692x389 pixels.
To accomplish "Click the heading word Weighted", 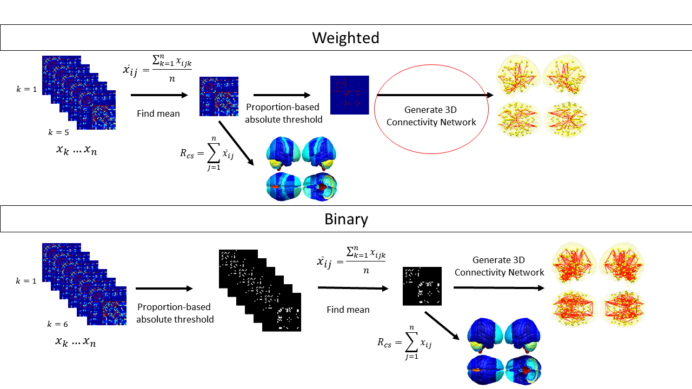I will (x=345, y=38).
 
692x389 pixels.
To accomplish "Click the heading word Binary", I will (x=346, y=219).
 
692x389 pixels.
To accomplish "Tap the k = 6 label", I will (x=57, y=324).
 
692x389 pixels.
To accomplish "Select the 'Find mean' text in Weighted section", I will (x=159, y=113).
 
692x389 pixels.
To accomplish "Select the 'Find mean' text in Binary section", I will (x=348, y=310).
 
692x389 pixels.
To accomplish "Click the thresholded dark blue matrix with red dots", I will (x=349, y=95).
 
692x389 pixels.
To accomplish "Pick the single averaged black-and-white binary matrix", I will (x=422, y=286).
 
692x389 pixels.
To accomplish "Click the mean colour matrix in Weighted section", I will (x=218, y=96).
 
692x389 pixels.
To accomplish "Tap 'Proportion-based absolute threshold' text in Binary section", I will (x=175, y=313).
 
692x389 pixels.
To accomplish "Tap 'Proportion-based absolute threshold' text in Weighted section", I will (x=284, y=113).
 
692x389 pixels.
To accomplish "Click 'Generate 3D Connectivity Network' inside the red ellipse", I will (x=432, y=116).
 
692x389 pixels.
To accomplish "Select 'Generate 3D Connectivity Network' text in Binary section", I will (x=499, y=266).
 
